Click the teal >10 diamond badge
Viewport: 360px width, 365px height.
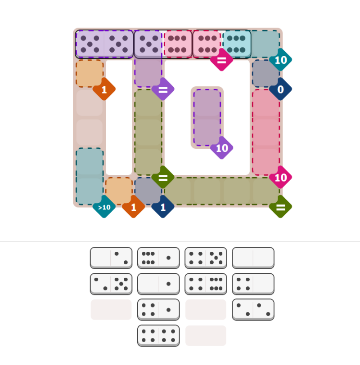point(104,207)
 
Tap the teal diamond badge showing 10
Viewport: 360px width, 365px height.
point(280,60)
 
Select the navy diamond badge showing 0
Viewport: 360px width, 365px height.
point(280,89)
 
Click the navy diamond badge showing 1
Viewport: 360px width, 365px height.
point(163,207)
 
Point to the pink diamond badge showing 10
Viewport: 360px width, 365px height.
point(280,178)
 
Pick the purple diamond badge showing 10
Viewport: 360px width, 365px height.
point(221,148)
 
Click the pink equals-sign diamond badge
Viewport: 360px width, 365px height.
point(221,60)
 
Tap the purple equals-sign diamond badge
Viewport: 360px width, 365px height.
point(163,89)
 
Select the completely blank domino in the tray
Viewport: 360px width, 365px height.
point(253,258)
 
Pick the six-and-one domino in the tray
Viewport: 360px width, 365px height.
point(158,258)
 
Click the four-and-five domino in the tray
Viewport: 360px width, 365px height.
point(206,258)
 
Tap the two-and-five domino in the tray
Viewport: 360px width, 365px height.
point(111,284)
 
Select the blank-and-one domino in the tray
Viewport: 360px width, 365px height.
point(158,284)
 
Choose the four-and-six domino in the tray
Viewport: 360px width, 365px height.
point(206,284)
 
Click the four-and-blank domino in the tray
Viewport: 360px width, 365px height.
point(253,284)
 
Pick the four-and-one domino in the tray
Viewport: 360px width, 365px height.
point(158,310)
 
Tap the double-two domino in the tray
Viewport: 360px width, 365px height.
point(253,310)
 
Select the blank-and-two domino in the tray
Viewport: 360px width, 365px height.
point(111,258)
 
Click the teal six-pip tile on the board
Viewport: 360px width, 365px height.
point(236,44)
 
